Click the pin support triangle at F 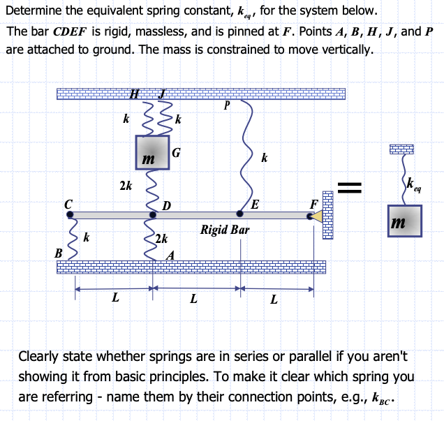[x=316, y=216]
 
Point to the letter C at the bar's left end [x=68, y=203]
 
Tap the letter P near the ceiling [x=226, y=106]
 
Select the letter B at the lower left [x=59, y=253]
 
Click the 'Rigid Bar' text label [x=224, y=229]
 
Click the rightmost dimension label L [x=274, y=300]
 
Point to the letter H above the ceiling [x=135, y=94]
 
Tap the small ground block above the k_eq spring [x=402, y=149]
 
